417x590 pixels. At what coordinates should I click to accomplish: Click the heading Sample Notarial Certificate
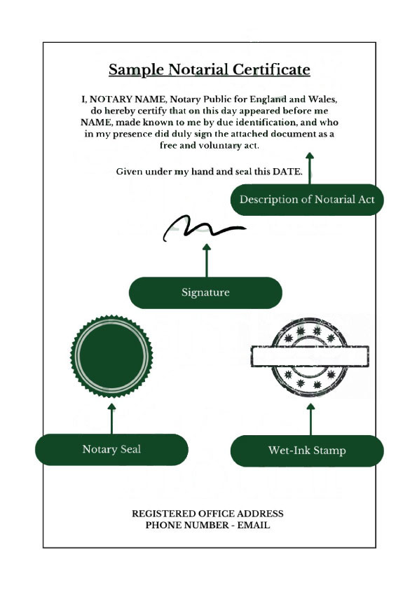point(209,70)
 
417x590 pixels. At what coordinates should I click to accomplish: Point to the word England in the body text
point(271,100)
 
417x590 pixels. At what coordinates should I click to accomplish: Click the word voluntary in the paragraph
point(203,146)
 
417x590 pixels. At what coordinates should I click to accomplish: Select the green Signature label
point(205,292)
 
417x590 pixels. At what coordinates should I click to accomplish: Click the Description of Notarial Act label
point(307,199)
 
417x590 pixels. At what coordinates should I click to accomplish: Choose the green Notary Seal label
point(111,449)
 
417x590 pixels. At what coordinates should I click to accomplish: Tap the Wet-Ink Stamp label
point(307,450)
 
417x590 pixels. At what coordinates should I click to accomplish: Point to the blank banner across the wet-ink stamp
point(310,357)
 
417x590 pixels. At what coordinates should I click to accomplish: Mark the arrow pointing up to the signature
point(206,260)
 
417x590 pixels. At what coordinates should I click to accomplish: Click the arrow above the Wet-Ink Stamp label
point(310,418)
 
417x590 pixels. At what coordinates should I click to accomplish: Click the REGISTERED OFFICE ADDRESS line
point(208,514)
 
